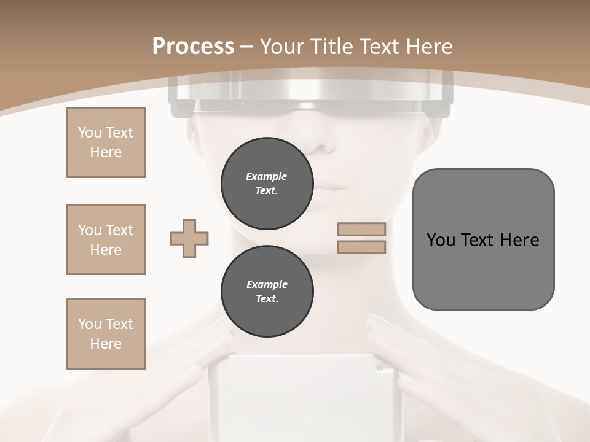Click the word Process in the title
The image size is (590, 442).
pos(193,47)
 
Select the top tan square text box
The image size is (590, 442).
pos(106,142)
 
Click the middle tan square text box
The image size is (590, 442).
pos(106,239)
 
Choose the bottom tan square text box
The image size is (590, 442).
pos(106,334)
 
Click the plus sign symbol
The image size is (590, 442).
pos(189,239)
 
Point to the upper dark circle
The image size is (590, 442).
pos(267,184)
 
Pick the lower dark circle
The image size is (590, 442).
pos(267,292)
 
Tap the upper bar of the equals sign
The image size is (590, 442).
pos(361,230)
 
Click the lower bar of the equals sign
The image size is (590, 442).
pos(361,247)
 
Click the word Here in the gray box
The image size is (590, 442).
pos(519,240)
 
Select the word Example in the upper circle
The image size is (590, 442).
pos(267,176)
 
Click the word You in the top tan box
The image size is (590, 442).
pos(90,133)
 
